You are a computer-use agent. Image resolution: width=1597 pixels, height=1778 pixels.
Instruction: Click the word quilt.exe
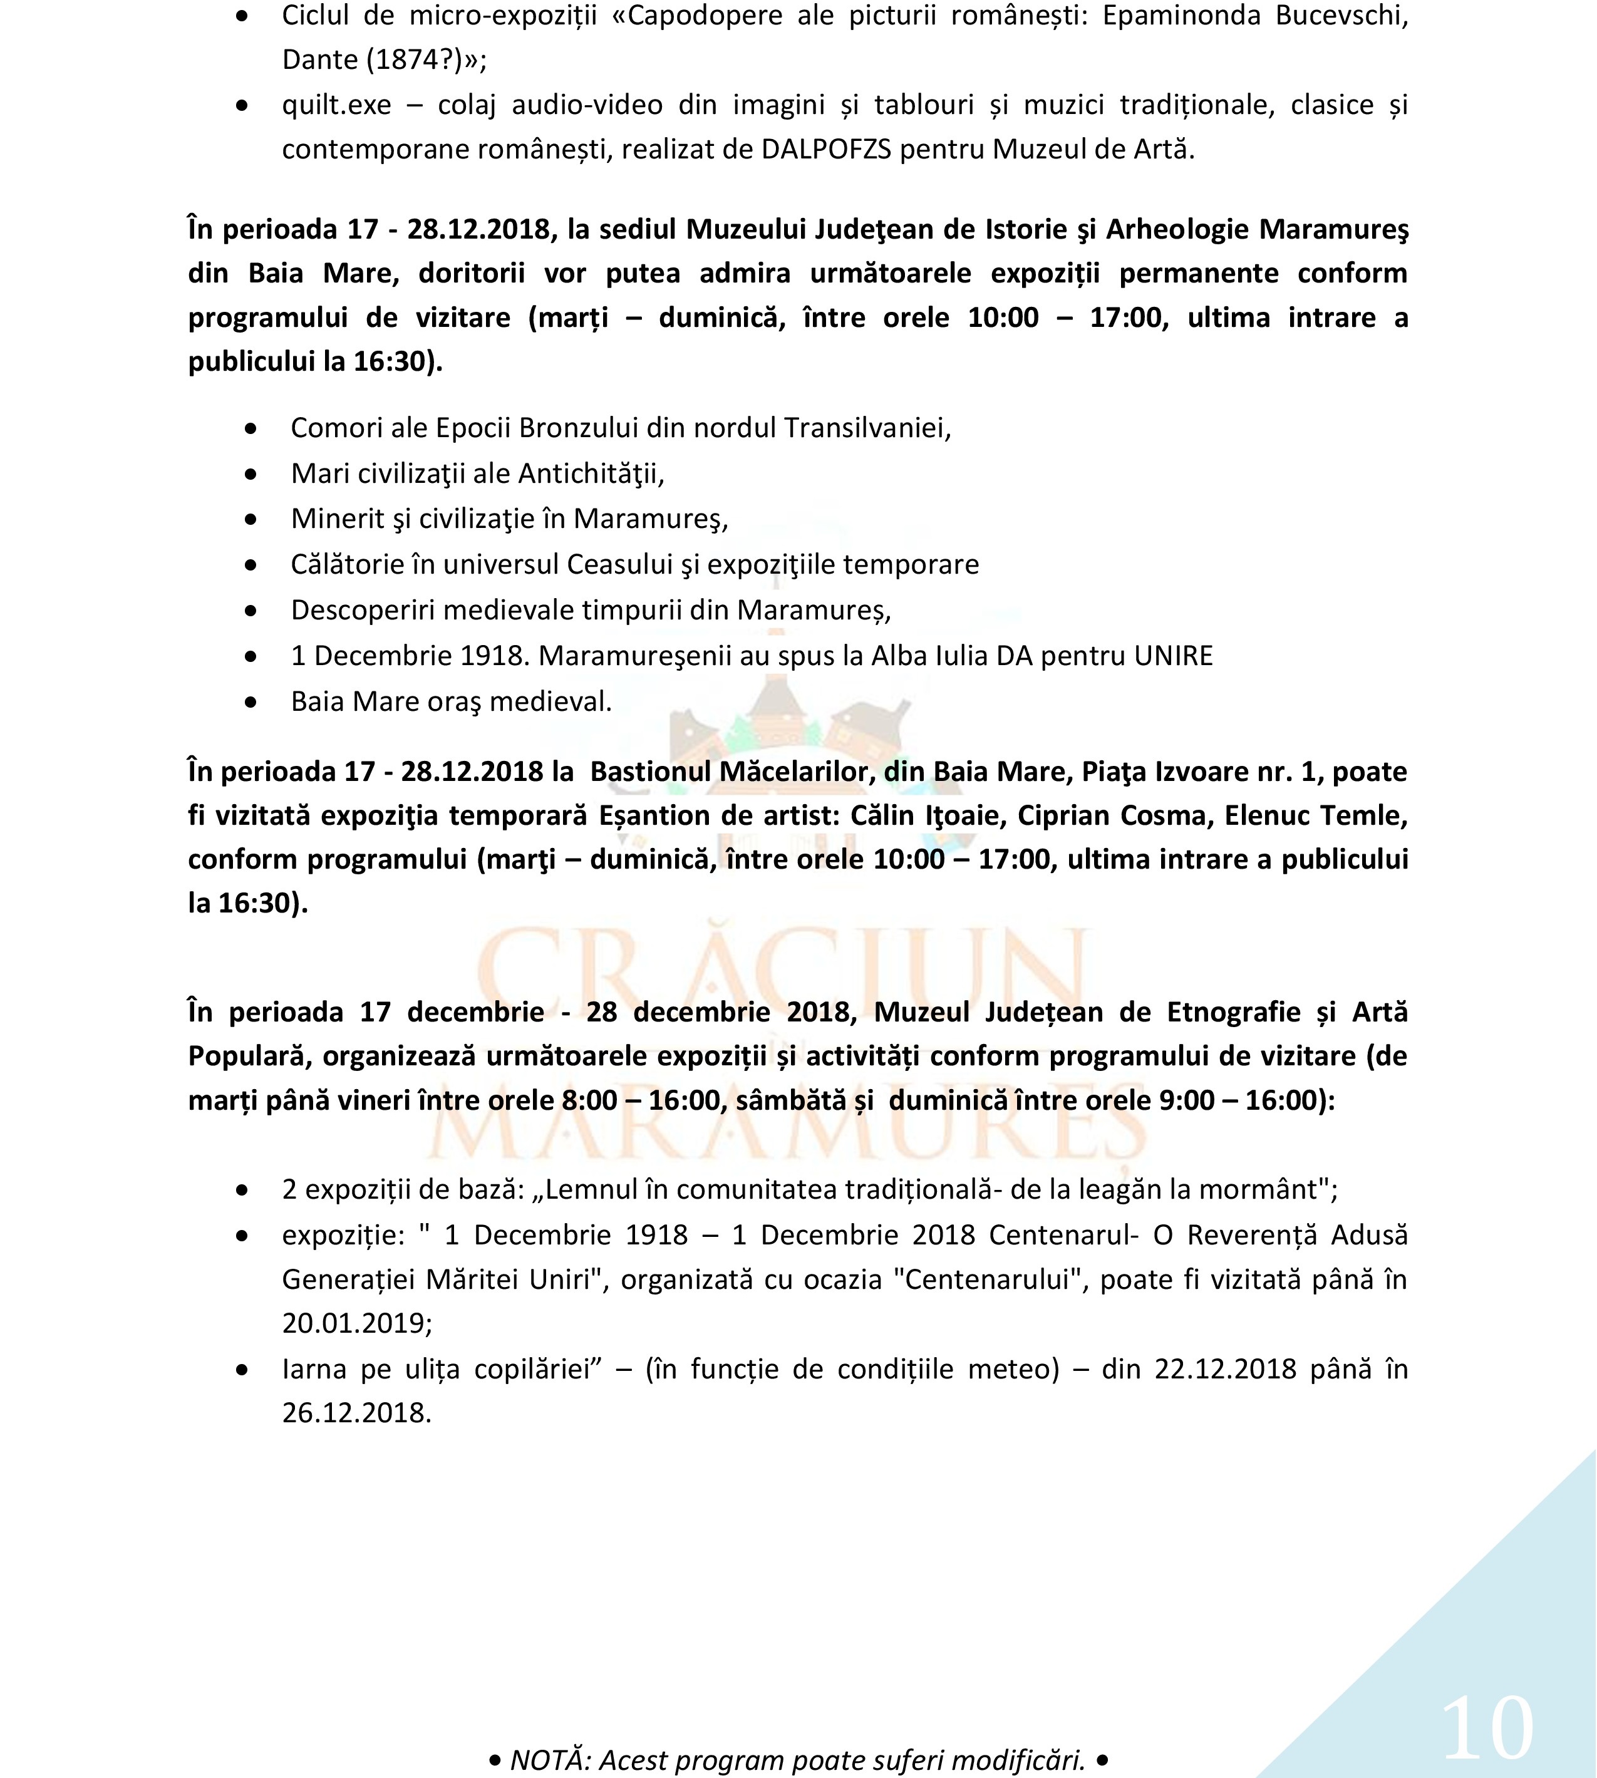(x=336, y=105)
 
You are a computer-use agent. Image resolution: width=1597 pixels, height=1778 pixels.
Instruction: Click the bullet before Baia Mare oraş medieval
(x=251, y=702)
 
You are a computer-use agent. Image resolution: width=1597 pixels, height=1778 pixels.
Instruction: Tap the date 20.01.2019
(x=356, y=1323)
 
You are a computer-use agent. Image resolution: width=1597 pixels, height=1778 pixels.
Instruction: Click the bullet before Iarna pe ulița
(x=242, y=1370)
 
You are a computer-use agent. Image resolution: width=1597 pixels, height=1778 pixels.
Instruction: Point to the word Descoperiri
(x=363, y=610)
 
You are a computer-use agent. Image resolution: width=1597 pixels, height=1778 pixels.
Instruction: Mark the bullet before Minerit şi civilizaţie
(x=251, y=520)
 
